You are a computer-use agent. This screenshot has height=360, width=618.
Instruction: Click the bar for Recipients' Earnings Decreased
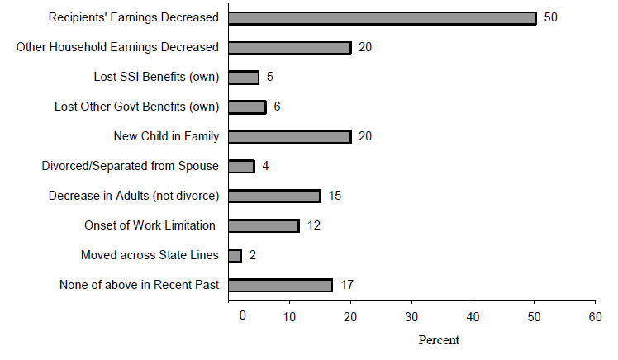tap(382, 18)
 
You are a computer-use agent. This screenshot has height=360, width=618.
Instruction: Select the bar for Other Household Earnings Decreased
tap(289, 48)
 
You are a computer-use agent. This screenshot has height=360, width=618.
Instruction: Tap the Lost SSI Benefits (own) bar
tap(243, 78)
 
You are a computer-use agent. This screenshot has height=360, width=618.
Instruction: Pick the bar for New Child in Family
tap(289, 137)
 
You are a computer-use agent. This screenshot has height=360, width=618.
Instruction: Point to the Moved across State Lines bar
tap(235, 256)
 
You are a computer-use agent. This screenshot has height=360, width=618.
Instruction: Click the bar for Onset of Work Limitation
tap(263, 226)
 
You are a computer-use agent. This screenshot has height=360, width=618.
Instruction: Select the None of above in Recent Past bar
tap(280, 286)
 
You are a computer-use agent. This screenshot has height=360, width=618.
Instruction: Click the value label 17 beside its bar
tap(347, 286)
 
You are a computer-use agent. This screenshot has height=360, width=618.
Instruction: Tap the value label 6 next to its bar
tap(278, 107)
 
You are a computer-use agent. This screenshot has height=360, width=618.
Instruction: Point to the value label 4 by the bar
tap(266, 167)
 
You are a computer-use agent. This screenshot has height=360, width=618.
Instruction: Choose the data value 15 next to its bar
tap(335, 197)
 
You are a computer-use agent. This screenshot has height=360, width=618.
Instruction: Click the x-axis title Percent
tap(439, 340)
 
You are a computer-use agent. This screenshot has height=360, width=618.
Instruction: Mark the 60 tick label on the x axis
tap(594, 316)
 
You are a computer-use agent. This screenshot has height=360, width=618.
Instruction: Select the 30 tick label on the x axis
tap(411, 316)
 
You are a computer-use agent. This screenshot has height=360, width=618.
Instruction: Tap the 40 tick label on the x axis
tap(473, 316)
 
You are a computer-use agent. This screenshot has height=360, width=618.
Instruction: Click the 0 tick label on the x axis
tap(241, 316)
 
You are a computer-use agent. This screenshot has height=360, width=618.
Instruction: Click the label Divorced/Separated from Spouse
tap(130, 167)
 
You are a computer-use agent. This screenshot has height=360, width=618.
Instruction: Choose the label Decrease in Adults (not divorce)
tap(133, 197)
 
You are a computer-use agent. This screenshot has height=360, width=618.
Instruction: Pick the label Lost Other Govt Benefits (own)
tap(136, 107)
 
